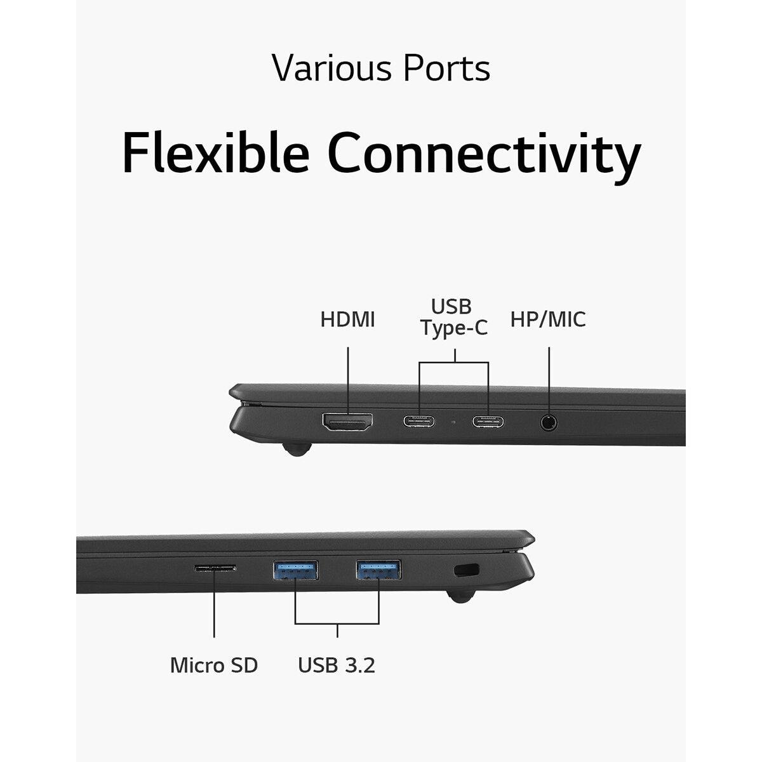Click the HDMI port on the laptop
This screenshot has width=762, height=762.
click(347, 422)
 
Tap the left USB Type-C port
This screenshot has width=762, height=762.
click(419, 422)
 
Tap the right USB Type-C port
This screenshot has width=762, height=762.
click(488, 422)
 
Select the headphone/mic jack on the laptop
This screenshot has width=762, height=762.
click(549, 422)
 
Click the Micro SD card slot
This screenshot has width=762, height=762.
click(215, 568)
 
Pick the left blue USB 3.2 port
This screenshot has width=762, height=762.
click(295, 570)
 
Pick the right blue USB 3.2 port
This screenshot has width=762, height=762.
click(378, 570)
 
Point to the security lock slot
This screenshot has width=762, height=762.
click(467, 570)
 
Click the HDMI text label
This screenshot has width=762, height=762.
click(347, 319)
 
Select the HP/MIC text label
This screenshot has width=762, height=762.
click(548, 319)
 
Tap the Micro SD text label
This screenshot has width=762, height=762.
click(214, 665)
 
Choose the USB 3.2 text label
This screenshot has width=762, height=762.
click(337, 665)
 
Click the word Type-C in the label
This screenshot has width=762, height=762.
click(454, 328)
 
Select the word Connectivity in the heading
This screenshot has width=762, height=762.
click(484, 157)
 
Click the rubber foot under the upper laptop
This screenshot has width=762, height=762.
click(297, 449)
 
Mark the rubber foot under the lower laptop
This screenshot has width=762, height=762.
click(460, 596)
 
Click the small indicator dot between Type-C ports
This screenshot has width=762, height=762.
click(453, 422)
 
